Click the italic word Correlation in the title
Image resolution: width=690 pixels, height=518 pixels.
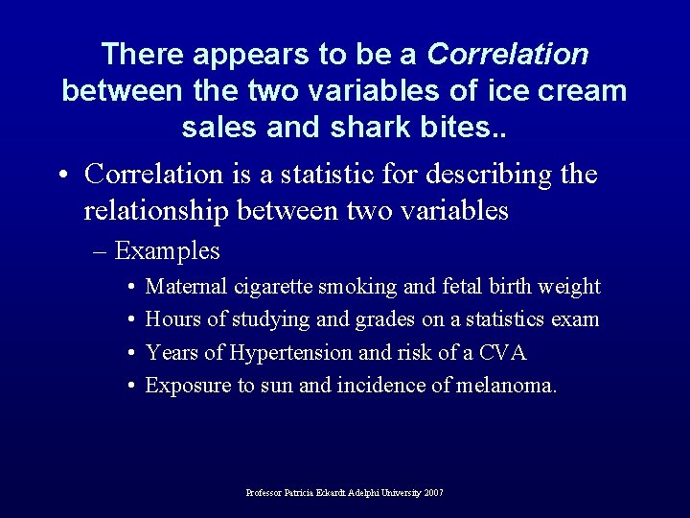(x=508, y=55)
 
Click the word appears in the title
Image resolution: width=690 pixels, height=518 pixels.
(x=241, y=55)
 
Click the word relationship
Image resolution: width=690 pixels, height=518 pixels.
(x=158, y=210)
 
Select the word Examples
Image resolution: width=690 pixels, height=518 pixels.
(x=167, y=251)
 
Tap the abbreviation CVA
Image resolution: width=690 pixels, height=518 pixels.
(x=504, y=353)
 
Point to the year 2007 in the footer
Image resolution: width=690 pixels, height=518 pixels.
(x=433, y=493)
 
